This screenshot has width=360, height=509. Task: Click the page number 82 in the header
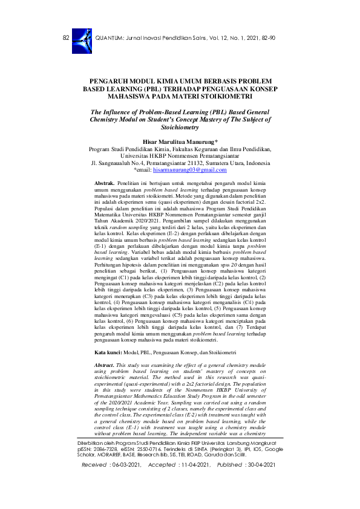pyautogui.click(x=66, y=38)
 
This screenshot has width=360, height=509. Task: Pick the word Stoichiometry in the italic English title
pyautogui.click(x=180, y=128)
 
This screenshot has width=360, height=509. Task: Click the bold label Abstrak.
pyautogui.click(x=105, y=182)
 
